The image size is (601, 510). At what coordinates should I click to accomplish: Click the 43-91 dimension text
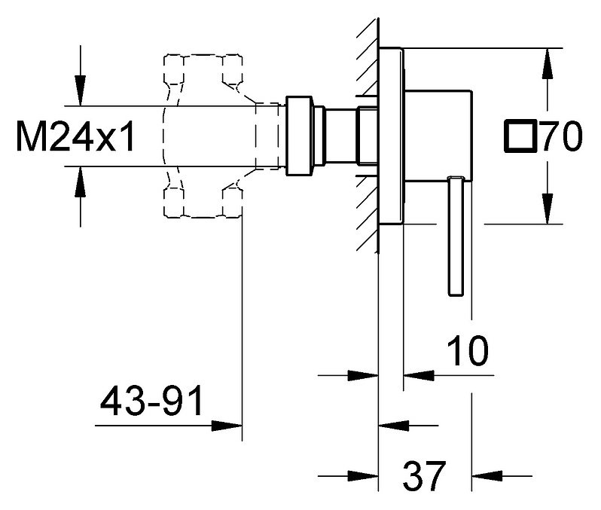151,402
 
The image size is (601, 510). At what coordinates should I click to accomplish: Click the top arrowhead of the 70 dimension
545,60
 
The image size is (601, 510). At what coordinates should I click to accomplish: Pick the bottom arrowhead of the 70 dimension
545,213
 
